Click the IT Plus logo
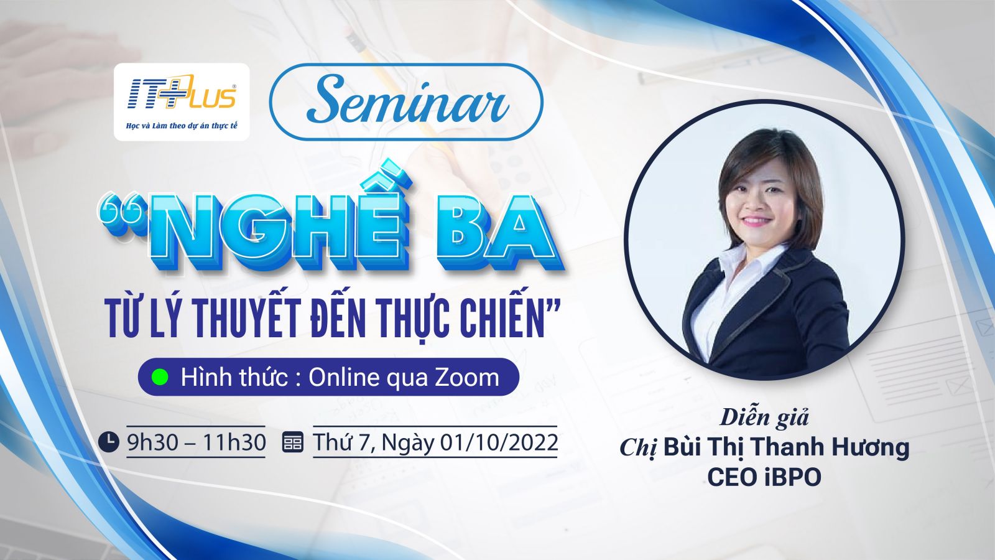point(182,92)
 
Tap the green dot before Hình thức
point(159,377)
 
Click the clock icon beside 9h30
point(109,442)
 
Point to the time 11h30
point(234,442)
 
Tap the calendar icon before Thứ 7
point(293,442)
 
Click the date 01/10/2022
point(499,442)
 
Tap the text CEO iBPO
point(764,477)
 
